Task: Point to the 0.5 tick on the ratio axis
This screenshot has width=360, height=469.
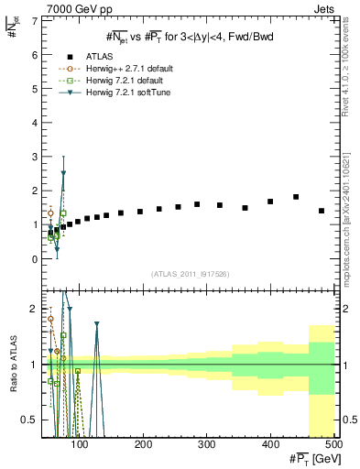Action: coord(32,420)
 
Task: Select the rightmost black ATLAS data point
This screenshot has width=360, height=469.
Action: coord(322,211)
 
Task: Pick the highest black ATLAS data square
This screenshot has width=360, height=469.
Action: coord(296,197)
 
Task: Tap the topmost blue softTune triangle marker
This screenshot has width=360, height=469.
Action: coord(63,173)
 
